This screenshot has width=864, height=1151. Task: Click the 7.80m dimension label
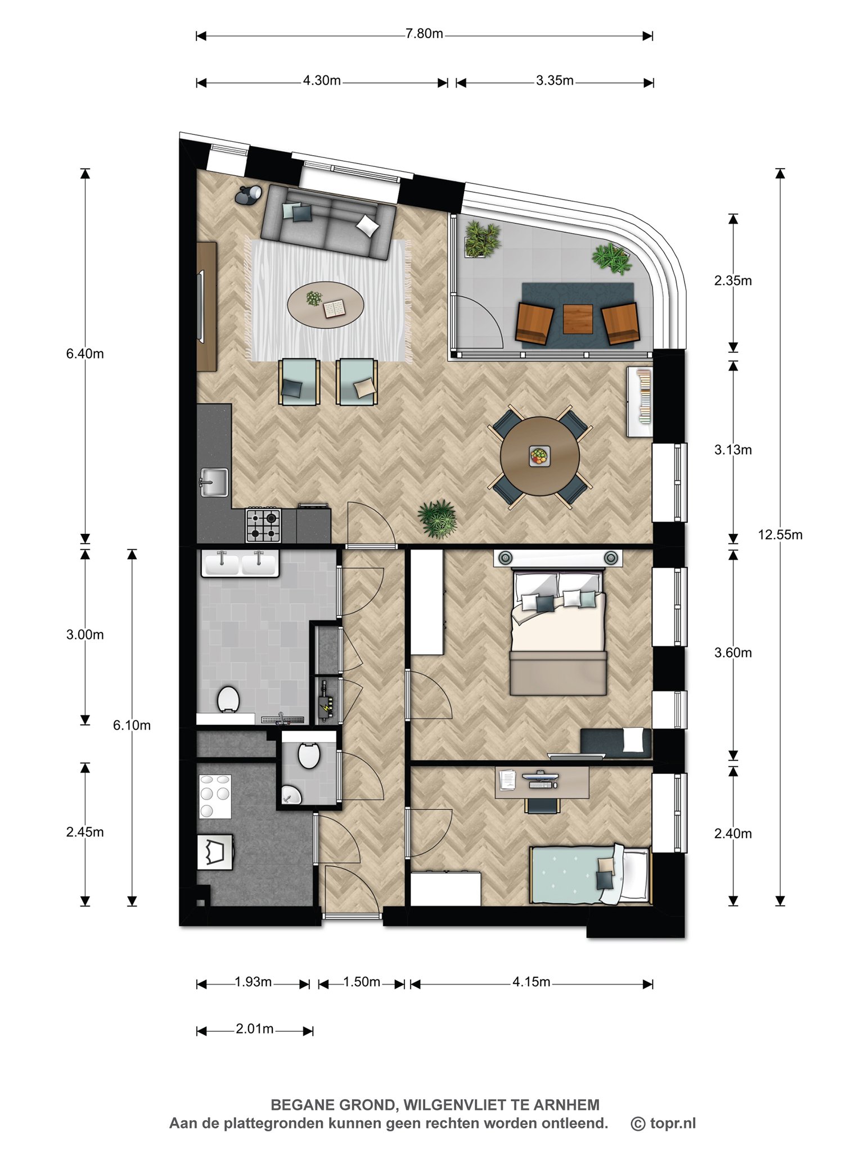(424, 34)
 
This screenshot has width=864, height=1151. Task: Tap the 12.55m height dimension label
(780, 534)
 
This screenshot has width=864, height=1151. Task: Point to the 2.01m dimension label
(255, 1028)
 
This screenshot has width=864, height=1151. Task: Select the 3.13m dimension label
(733, 450)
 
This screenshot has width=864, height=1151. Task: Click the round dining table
(540, 456)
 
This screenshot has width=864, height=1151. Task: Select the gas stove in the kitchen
(263, 524)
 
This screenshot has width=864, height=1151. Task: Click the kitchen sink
(214, 482)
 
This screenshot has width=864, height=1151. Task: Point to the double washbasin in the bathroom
(240, 563)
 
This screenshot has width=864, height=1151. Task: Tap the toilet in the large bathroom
(228, 699)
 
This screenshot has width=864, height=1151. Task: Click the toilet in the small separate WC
(309, 755)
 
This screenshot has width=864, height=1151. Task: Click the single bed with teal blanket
(590, 875)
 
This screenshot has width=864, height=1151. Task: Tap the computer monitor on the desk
(540, 777)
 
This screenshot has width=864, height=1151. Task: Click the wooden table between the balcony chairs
(578, 319)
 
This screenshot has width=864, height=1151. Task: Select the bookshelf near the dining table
(640, 402)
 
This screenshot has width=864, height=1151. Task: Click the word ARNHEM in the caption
(566, 1105)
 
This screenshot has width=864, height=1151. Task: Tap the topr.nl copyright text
(664, 1123)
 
